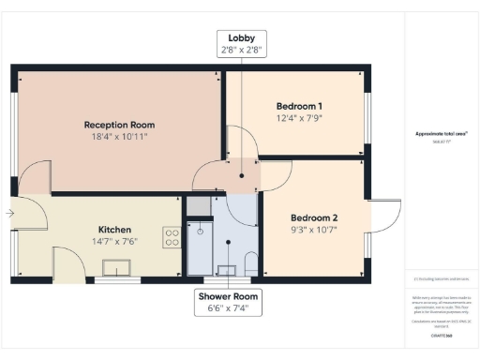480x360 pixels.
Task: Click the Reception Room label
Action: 119,125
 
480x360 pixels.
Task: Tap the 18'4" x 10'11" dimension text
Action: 119,137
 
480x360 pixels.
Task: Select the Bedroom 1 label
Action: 299,106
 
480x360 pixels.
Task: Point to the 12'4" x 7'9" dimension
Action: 299,118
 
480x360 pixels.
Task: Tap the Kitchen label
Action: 115,229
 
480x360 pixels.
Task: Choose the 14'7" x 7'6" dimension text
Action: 115,241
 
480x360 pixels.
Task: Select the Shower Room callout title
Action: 228,296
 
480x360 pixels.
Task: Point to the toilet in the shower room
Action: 250,263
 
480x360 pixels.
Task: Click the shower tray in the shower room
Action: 201,248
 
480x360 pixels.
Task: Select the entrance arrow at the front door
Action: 9,214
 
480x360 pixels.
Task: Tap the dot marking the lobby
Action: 242,175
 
